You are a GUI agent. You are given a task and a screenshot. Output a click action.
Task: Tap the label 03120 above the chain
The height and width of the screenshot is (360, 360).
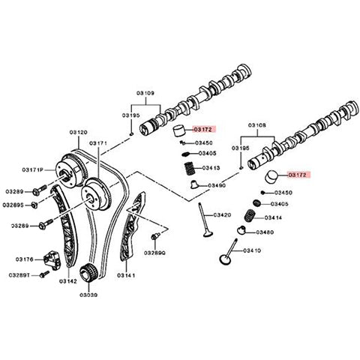pyautogui.click(x=78, y=130)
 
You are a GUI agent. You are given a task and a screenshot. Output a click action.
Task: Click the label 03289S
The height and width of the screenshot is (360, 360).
pyautogui.click(x=13, y=203)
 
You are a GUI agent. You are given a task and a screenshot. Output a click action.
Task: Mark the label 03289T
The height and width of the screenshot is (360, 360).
pyautogui.click(x=19, y=276)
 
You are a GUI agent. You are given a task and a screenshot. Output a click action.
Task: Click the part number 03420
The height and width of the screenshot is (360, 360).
pyautogui.click(x=222, y=214)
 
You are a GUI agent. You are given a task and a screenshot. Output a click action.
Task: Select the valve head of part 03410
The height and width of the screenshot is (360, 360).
pyautogui.click(x=223, y=261)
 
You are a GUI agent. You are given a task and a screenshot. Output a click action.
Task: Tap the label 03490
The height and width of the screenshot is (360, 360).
pyautogui.click(x=217, y=185)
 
